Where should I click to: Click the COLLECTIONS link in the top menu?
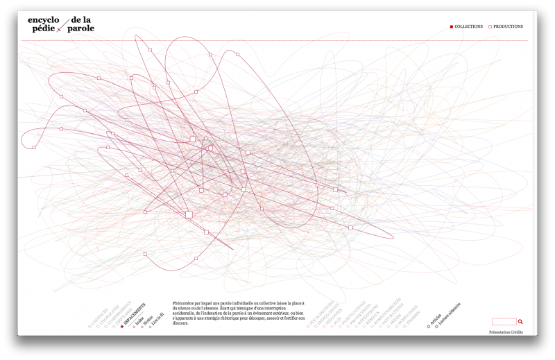(x=468, y=26)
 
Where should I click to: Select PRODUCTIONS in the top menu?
(x=508, y=26)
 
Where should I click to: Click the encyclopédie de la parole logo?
(x=61, y=24)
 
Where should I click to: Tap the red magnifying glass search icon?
(x=520, y=322)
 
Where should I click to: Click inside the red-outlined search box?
(x=504, y=322)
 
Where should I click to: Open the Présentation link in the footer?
(x=499, y=332)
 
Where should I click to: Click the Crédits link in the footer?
(x=517, y=332)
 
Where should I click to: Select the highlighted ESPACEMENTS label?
(x=135, y=314)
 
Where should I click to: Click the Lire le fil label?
(x=157, y=318)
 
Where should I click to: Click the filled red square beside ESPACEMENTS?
(x=122, y=325)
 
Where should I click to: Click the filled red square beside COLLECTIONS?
(x=452, y=26)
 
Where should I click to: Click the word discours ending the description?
(x=180, y=323)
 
